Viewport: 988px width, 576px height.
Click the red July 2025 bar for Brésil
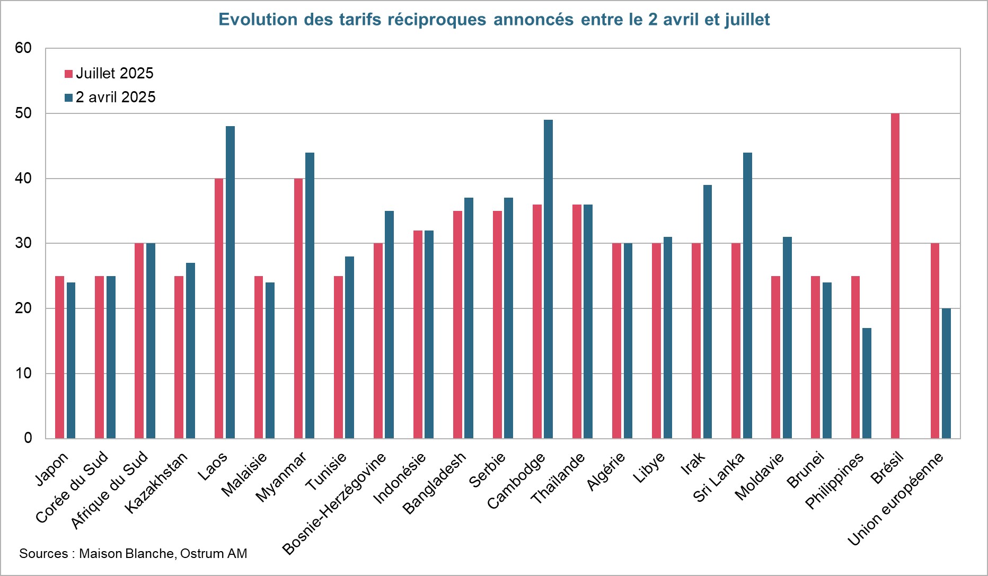pos(895,276)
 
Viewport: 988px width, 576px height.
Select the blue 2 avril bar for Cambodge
pos(548,279)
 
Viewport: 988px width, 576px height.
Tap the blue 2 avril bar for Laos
pos(230,282)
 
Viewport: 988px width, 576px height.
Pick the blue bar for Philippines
pos(867,383)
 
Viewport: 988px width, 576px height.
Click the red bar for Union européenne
pos(934,341)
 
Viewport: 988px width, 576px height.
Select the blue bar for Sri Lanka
pos(747,295)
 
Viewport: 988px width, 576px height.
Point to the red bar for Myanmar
pos(298,308)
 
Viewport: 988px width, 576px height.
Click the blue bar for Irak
pos(708,312)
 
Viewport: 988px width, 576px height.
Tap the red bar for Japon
pos(59,357)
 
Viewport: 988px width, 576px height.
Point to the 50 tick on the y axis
pos(23,113)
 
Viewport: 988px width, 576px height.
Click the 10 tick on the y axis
pos(23,374)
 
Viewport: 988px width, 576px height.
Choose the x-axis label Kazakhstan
pos(157,482)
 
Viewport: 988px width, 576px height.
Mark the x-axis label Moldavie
pos(759,476)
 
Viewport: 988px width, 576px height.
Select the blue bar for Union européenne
pos(946,373)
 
